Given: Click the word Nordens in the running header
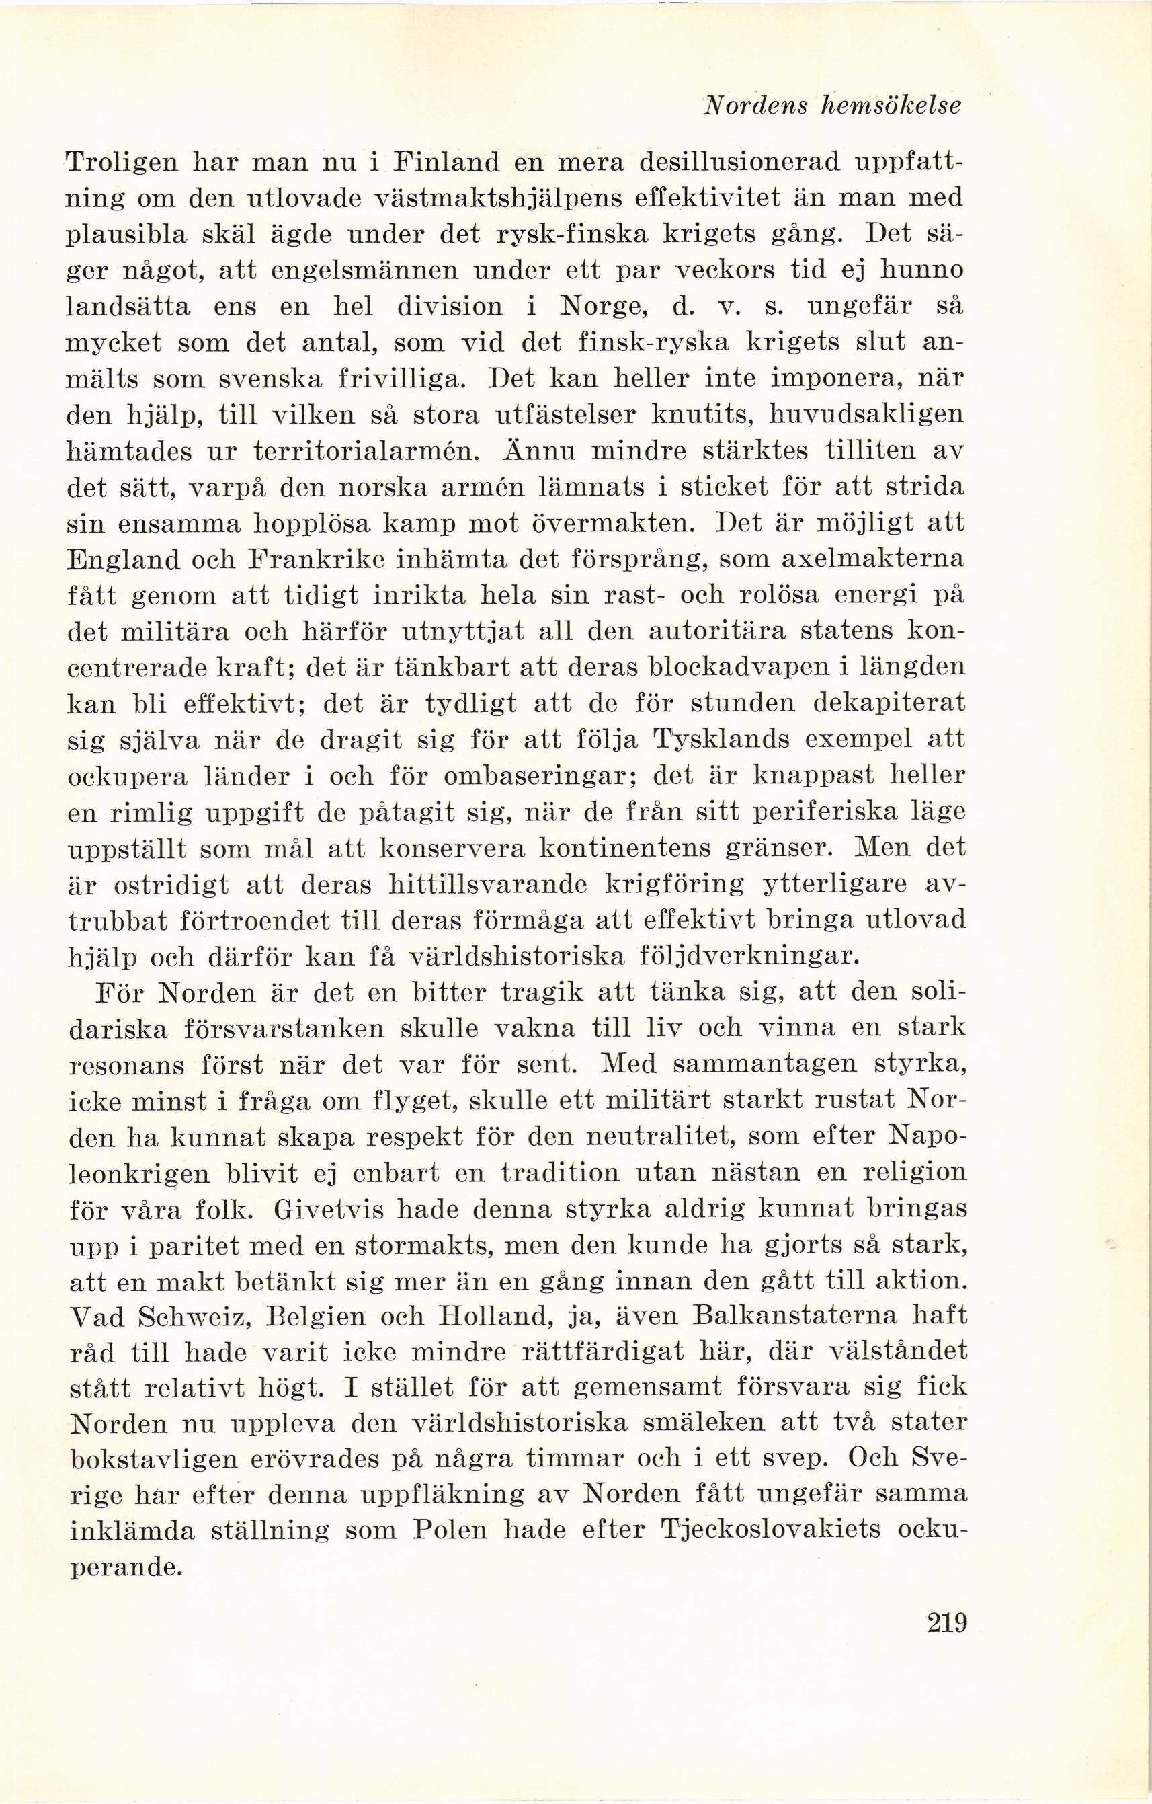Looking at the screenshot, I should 753,107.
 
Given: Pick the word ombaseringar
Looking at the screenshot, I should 531,776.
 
